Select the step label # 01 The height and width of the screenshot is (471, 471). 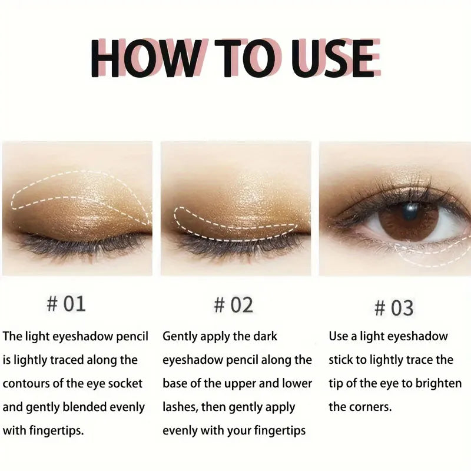(66, 304)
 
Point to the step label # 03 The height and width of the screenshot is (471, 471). (394, 307)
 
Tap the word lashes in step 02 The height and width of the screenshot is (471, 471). (180, 407)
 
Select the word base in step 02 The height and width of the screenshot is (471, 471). (175, 383)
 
